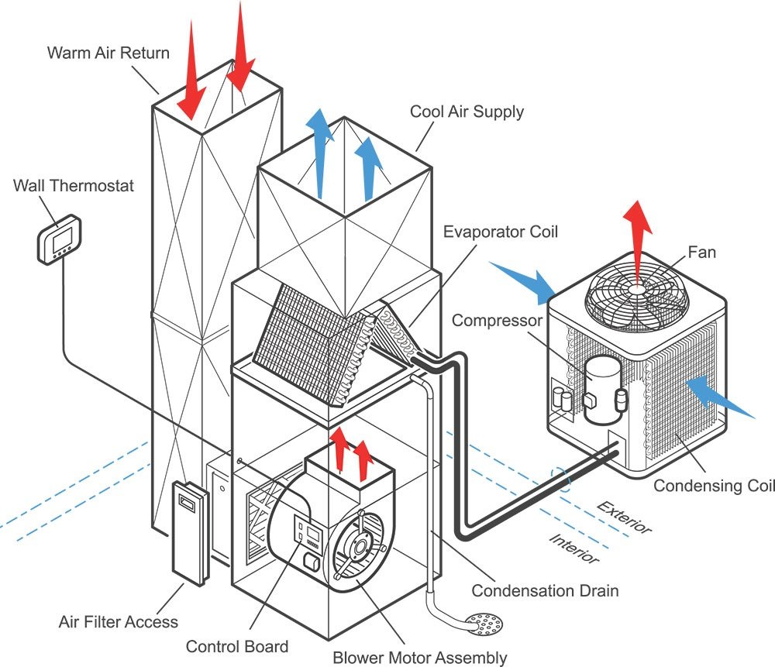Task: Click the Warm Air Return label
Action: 108,53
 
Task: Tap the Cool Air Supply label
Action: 467,112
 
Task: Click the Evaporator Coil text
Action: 500,231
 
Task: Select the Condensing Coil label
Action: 712,486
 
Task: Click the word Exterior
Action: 625,517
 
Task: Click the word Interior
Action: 574,548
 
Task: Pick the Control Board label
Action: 236,646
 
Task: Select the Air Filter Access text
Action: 118,621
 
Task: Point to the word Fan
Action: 701,252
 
